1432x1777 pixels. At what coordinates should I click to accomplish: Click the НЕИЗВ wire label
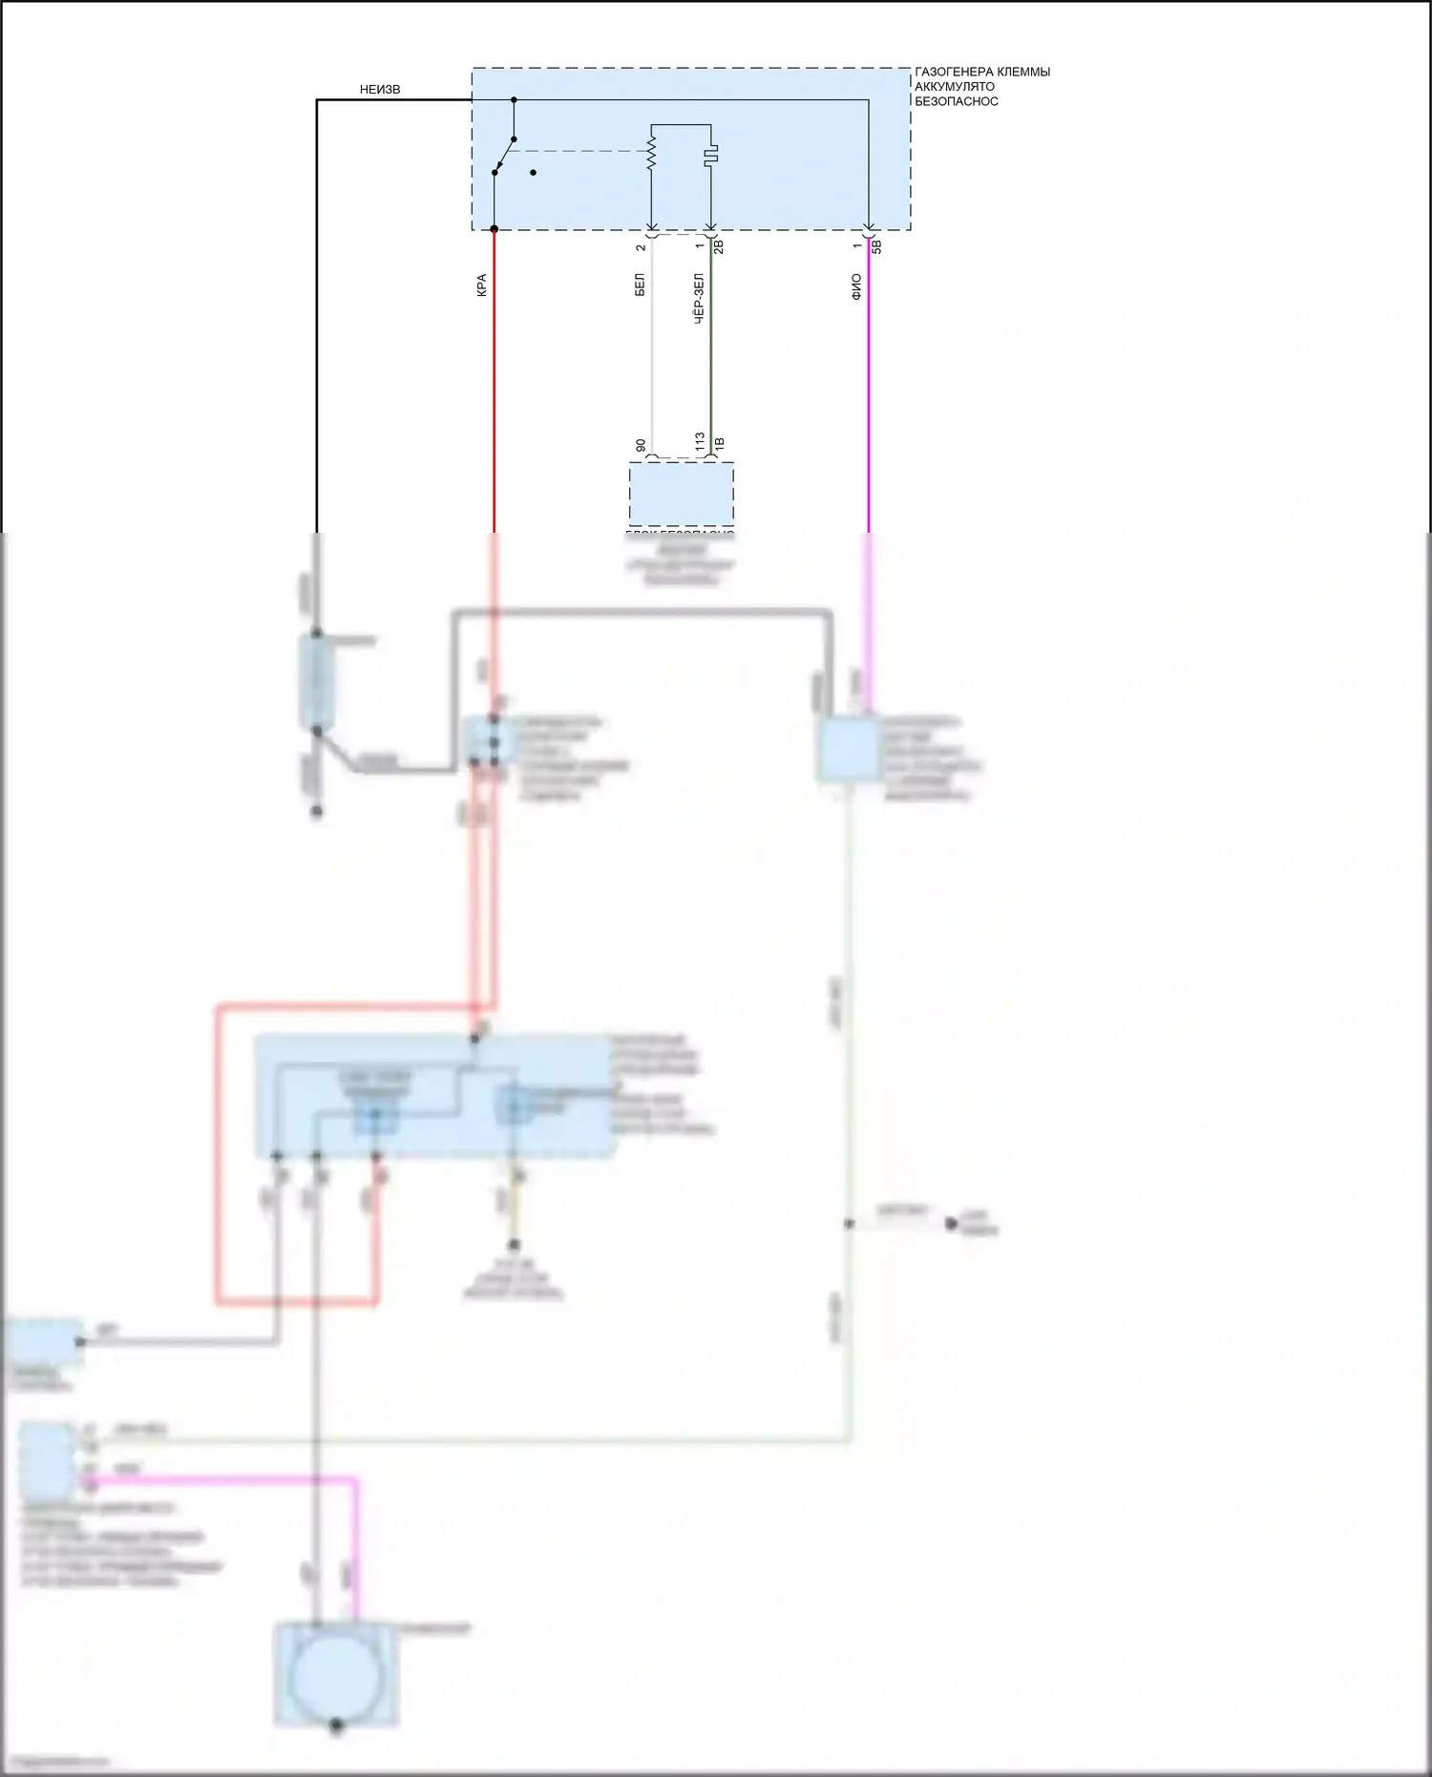coord(380,90)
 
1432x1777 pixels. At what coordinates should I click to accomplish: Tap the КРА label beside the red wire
coord(481,285)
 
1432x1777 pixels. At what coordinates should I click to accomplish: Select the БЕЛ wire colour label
coord(640,285)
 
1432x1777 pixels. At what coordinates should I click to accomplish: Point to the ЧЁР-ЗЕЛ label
coord(699,299)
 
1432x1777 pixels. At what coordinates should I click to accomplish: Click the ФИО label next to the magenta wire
coord(856,286)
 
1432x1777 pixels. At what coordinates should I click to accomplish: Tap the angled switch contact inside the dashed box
coord(504,156)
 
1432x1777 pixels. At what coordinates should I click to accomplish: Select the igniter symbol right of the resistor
coord(711,154)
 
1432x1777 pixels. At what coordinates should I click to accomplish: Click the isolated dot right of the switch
coord(533,173)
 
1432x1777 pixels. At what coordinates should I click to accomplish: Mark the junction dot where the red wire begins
coord(494,229)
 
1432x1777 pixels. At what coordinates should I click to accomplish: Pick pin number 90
coord(641,446)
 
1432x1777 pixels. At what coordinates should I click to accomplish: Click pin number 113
coord(700,442)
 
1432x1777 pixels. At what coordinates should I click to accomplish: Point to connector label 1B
coord(719,444)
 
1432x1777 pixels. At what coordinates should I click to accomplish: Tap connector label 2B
coord(719,246)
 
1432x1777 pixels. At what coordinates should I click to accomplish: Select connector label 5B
coord(876,246)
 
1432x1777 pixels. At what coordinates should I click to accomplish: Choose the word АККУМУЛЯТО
coord(954,86)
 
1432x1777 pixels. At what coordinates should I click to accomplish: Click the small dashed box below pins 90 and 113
coord(681,494)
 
